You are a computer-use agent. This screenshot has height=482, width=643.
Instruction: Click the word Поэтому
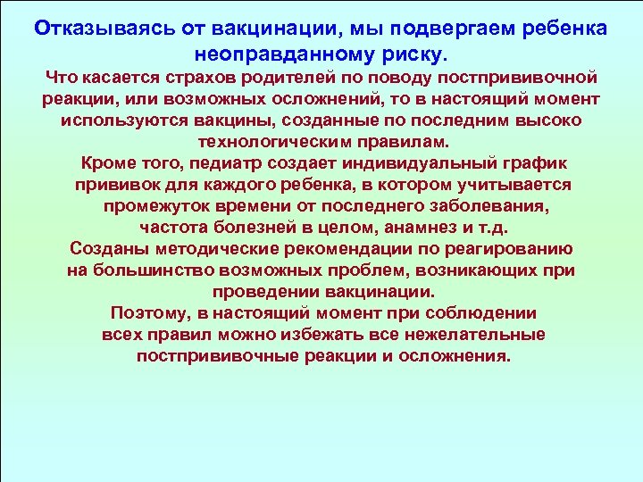point(149,313)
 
